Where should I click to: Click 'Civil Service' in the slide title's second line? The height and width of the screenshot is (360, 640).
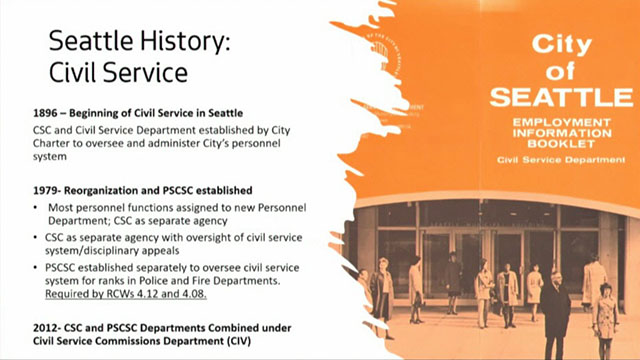pos(111,74)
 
